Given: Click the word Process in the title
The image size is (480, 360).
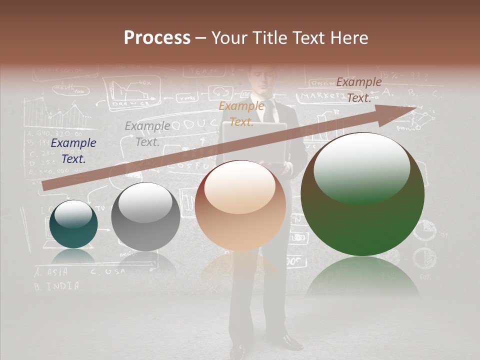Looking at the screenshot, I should (x=157, y=38).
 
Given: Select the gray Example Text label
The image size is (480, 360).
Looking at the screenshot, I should (x=147, y=134).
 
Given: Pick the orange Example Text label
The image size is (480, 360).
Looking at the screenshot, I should (x=241, y=114).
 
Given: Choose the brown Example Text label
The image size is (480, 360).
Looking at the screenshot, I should (x=358, y=90).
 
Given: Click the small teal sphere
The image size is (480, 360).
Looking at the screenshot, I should (x=73, y=224).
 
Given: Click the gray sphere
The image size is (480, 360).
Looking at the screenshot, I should (x=145, y=217).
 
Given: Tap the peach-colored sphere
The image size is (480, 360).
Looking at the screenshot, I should (x=240, y=206).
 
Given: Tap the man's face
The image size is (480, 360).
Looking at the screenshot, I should (x=261, y=78).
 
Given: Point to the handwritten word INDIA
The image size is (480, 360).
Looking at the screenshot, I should (x=63, y=286).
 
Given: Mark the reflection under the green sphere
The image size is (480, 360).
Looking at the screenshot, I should (x=362, y=277).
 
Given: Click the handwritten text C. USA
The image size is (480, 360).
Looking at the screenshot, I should (x=107, y=272).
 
